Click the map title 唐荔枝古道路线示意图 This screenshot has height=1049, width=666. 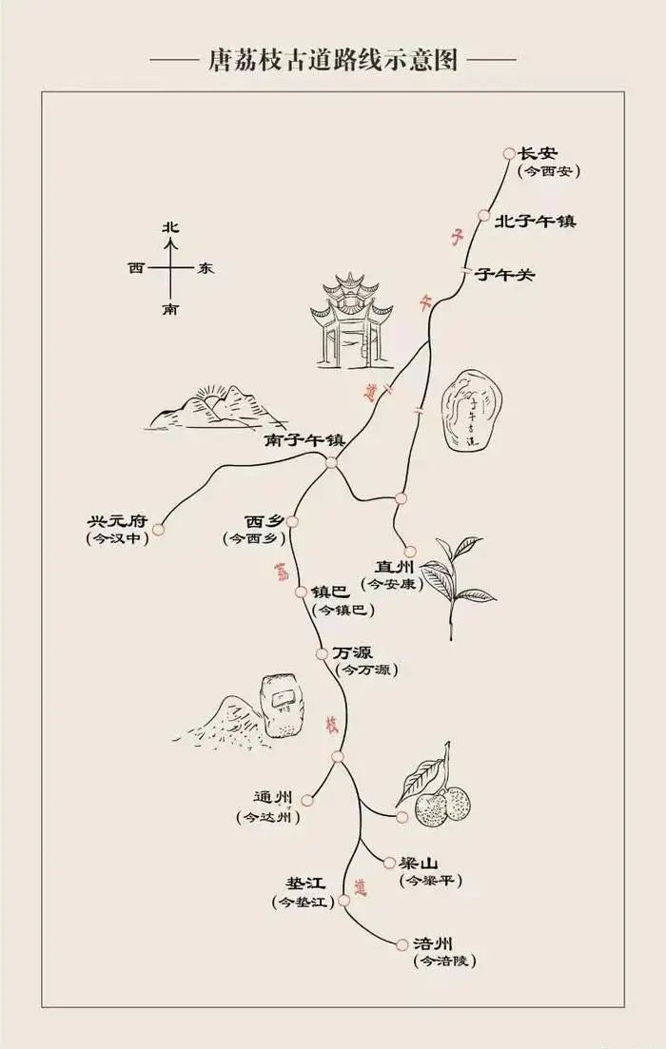pyautogui.click(x=333, y=60)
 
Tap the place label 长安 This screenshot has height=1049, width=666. pyautogui.click(x=538, y=153)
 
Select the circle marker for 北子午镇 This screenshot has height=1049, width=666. pyautogui.click(x=485, y=217)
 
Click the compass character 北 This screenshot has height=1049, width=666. pyautogui.click(x=170, y=227)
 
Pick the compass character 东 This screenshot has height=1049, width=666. pyautogui.click(x=206, y=268)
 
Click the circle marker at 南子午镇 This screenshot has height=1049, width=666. pyautogui.click(x=331, y=463)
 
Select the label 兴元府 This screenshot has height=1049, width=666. pyautogui.click(x=118, y=522)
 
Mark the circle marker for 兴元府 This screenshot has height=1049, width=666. pyautogui.click(x=159, y=530)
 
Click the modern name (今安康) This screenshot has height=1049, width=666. pyautogui.click(x=392, y=584)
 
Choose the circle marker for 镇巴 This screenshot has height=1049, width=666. pyautogui.click(x=302, y=592)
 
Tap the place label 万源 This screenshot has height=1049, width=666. pyautogui.click(x=353, y=652)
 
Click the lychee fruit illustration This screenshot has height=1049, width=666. pyautogui.click(x=440, y=797)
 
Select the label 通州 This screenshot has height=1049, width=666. pyautogui.click(x=275, y=798)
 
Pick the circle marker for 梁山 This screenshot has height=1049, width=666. pyautogui.click(x=389, y=864)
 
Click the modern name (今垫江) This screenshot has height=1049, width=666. pyautogui.click(x=304, y=902)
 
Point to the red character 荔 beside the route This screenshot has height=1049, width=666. pyautogui.click(x=282, y=572)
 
